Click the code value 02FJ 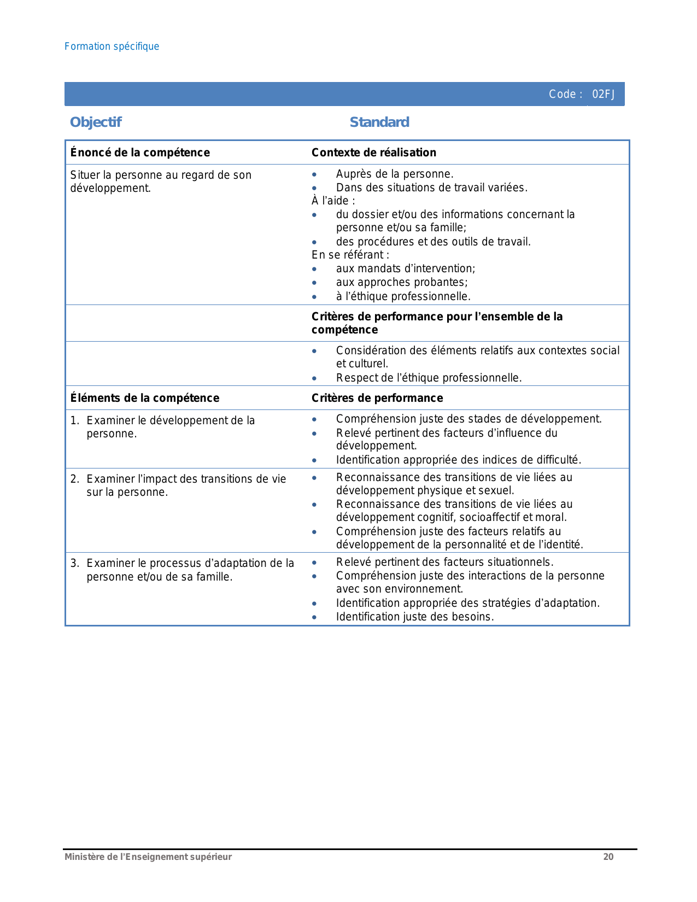(604, 94)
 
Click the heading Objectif (96, 122)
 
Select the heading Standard (379, 122)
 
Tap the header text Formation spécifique (112, 46)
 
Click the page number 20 (608, 857)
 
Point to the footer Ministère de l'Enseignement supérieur (148, 857)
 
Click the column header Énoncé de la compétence (140, 153)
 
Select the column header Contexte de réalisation (373, 153)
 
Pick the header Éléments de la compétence (145, 398)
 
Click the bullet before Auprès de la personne (314, 175)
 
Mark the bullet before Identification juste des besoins (314, 617)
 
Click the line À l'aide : (333, 201)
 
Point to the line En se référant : (350, 255)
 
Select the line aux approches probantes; (402, 282)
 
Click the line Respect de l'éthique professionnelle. (429, 378)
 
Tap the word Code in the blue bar (562, 94)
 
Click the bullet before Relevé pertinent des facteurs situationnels (314, 563)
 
